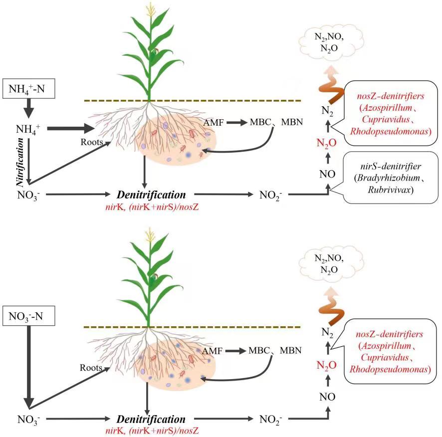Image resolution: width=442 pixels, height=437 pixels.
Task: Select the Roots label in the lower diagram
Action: point(91,367)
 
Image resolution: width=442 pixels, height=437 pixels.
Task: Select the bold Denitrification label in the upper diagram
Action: point(152,195)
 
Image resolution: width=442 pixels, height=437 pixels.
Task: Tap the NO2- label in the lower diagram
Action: point(271,419)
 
